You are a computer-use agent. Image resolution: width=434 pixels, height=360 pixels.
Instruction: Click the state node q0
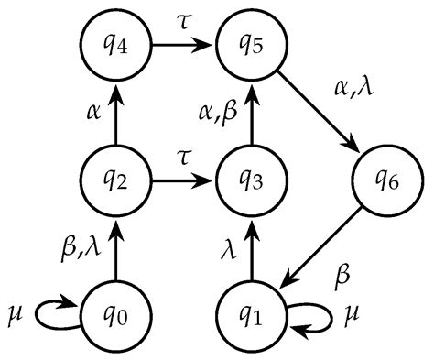(x=115, y=317)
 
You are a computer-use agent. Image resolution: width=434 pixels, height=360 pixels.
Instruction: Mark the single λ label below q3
(x=232, y=248)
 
